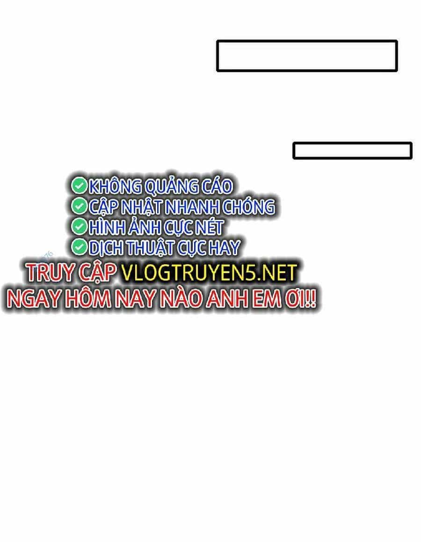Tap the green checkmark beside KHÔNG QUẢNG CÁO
79,186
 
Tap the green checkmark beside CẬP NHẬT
79,206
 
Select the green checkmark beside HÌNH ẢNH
79,227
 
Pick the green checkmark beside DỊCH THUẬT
79,247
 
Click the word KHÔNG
115,186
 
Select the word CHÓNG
248,207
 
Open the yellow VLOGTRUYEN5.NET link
209,273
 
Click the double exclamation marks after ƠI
311,299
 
